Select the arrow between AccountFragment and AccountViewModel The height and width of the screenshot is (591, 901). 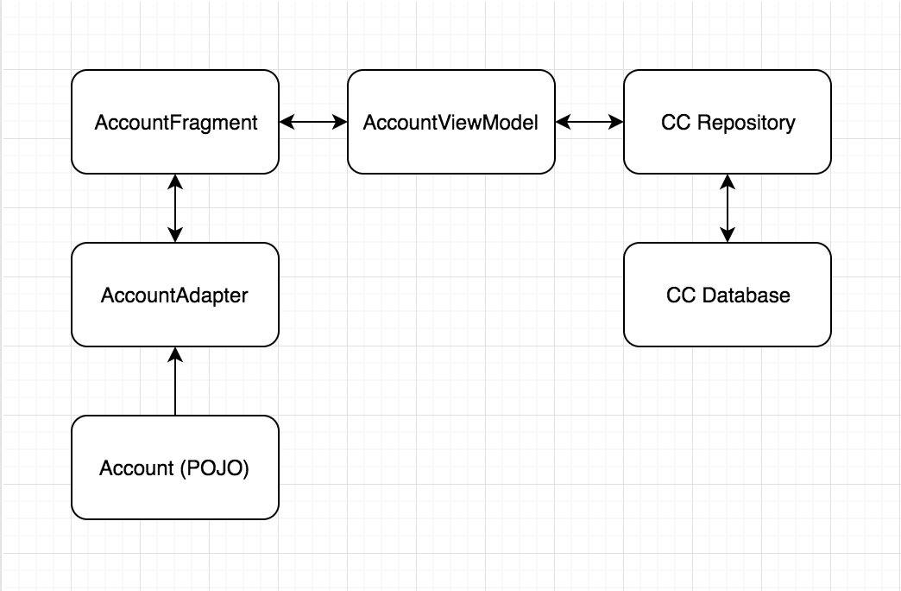coord(313,122)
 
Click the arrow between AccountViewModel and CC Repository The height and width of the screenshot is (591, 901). coord(589,122)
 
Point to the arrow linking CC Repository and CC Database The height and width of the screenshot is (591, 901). coord(728,208)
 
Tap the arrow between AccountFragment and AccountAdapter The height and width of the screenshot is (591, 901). coord(175,208)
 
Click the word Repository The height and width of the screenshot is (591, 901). coord(746,123)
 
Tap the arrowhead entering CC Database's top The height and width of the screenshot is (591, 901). coord(728,234)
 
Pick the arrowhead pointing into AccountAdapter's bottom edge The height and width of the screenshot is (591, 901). coord(175,354)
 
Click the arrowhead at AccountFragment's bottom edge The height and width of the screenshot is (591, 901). coord(175,181)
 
